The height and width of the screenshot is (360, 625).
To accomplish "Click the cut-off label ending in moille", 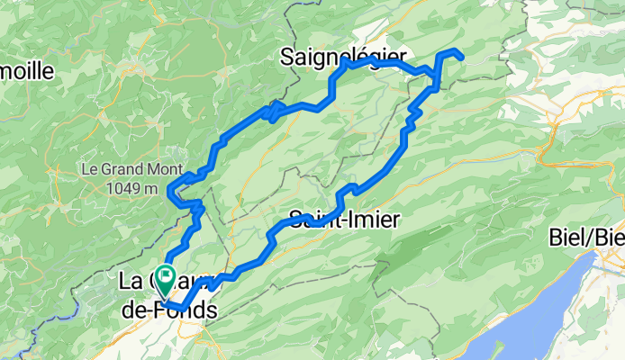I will (27, 70).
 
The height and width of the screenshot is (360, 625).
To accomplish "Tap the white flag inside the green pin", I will (167, 274).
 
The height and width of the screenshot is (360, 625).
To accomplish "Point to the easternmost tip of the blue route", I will (462, 58).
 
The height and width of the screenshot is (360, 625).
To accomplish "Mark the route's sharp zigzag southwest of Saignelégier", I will (273, 112).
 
